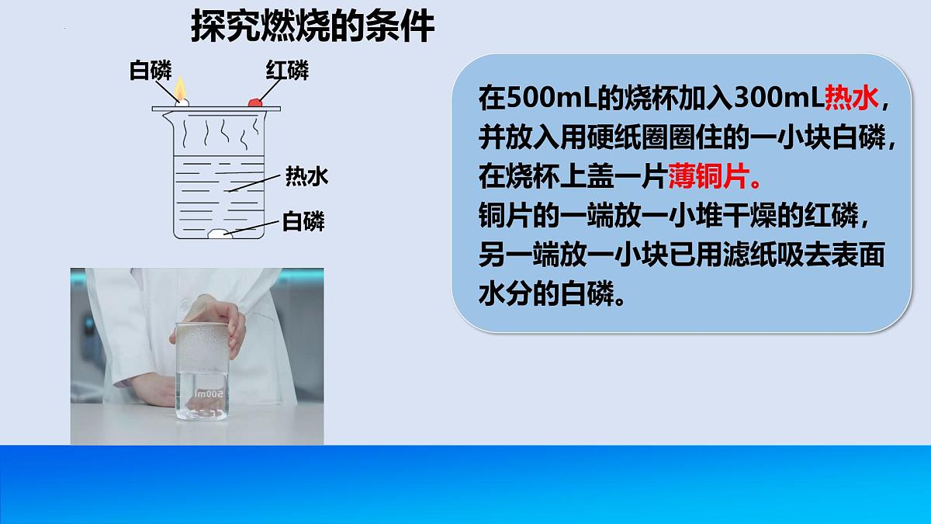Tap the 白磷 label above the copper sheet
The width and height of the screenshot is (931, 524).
151,71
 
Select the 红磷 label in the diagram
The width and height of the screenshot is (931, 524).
287,71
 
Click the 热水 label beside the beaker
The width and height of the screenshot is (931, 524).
306,177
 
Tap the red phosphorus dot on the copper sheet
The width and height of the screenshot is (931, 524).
254,102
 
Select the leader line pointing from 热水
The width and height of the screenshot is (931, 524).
256,183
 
